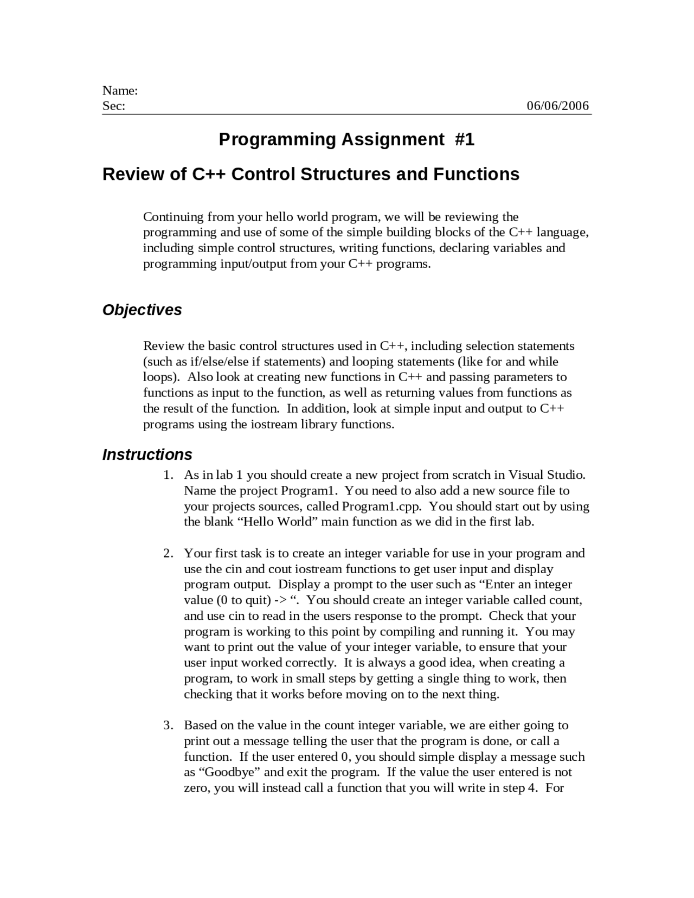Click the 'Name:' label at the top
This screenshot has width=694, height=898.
click(x=120, y=91)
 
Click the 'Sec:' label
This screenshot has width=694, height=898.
click(x=114, y=106)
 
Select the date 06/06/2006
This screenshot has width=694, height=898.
click(x=558, y=106)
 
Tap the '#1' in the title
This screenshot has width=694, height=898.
click(x=465, y=140)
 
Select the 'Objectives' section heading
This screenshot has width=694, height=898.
click(x=142, y=310)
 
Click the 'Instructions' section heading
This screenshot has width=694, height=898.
click(x=147, y=454)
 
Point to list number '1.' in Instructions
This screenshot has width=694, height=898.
click(x=169, y=476)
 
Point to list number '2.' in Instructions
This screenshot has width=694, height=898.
click(x=169, y=554)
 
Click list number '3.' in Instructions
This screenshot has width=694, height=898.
click(x=169, y=726)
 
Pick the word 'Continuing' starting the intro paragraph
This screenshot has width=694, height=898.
click(x=173, y=217)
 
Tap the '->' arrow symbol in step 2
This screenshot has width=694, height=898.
click(x=280, y=600)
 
